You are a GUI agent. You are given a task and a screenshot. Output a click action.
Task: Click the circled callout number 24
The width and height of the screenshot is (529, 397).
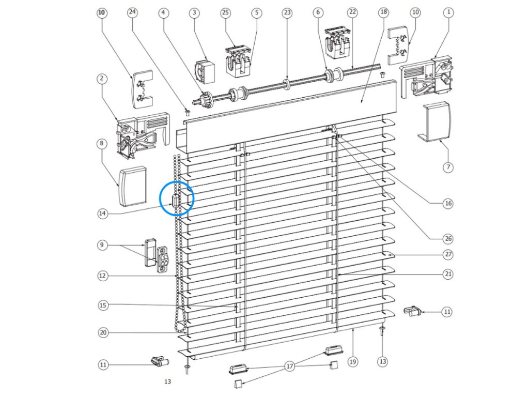click(x=132, y=11)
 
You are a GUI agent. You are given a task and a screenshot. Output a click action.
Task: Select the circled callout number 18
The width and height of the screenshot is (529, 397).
click(x=383, y=11)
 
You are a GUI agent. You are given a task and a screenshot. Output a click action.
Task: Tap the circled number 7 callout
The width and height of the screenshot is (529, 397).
click(x=448, y=167)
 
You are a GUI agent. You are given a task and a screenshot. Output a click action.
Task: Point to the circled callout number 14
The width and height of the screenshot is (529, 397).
click(x=103, y=213)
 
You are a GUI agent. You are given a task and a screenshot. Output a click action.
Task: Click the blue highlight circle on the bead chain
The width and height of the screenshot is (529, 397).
click(x=177, y=198)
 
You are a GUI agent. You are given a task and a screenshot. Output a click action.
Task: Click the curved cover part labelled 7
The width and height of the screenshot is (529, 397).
click(x=437, y=122)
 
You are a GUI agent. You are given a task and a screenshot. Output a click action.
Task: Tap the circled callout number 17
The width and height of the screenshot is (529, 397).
click(x=289, y=366)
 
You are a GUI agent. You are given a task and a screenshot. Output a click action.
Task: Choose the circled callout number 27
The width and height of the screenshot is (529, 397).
click(x=448, y=254)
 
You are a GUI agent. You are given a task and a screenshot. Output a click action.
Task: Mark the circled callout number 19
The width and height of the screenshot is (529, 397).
click(x=353, y=362)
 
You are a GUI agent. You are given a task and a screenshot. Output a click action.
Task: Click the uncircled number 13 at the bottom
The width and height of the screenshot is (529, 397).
click(x=167, y=381)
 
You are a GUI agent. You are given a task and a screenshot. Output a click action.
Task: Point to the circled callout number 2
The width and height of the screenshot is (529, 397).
click(x=102, y=79)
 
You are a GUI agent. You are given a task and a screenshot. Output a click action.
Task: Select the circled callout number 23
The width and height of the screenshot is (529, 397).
click(x=287, y=11)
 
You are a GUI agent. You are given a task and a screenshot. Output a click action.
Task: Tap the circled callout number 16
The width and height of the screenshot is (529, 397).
click(x=448, y=204)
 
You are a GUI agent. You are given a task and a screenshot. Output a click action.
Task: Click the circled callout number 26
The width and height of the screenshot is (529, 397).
click(x=448, y=238)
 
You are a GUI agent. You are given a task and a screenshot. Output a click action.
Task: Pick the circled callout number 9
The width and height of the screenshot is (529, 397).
click(x=103, y=245)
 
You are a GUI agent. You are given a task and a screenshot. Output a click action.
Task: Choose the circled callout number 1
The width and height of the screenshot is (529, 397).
click(x=448, y=11)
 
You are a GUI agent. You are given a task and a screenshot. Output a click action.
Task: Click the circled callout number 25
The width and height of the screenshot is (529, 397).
click(x=225, y=11)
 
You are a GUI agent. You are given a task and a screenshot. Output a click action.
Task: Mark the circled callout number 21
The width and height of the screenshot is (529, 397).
click(x=448, y=273)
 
